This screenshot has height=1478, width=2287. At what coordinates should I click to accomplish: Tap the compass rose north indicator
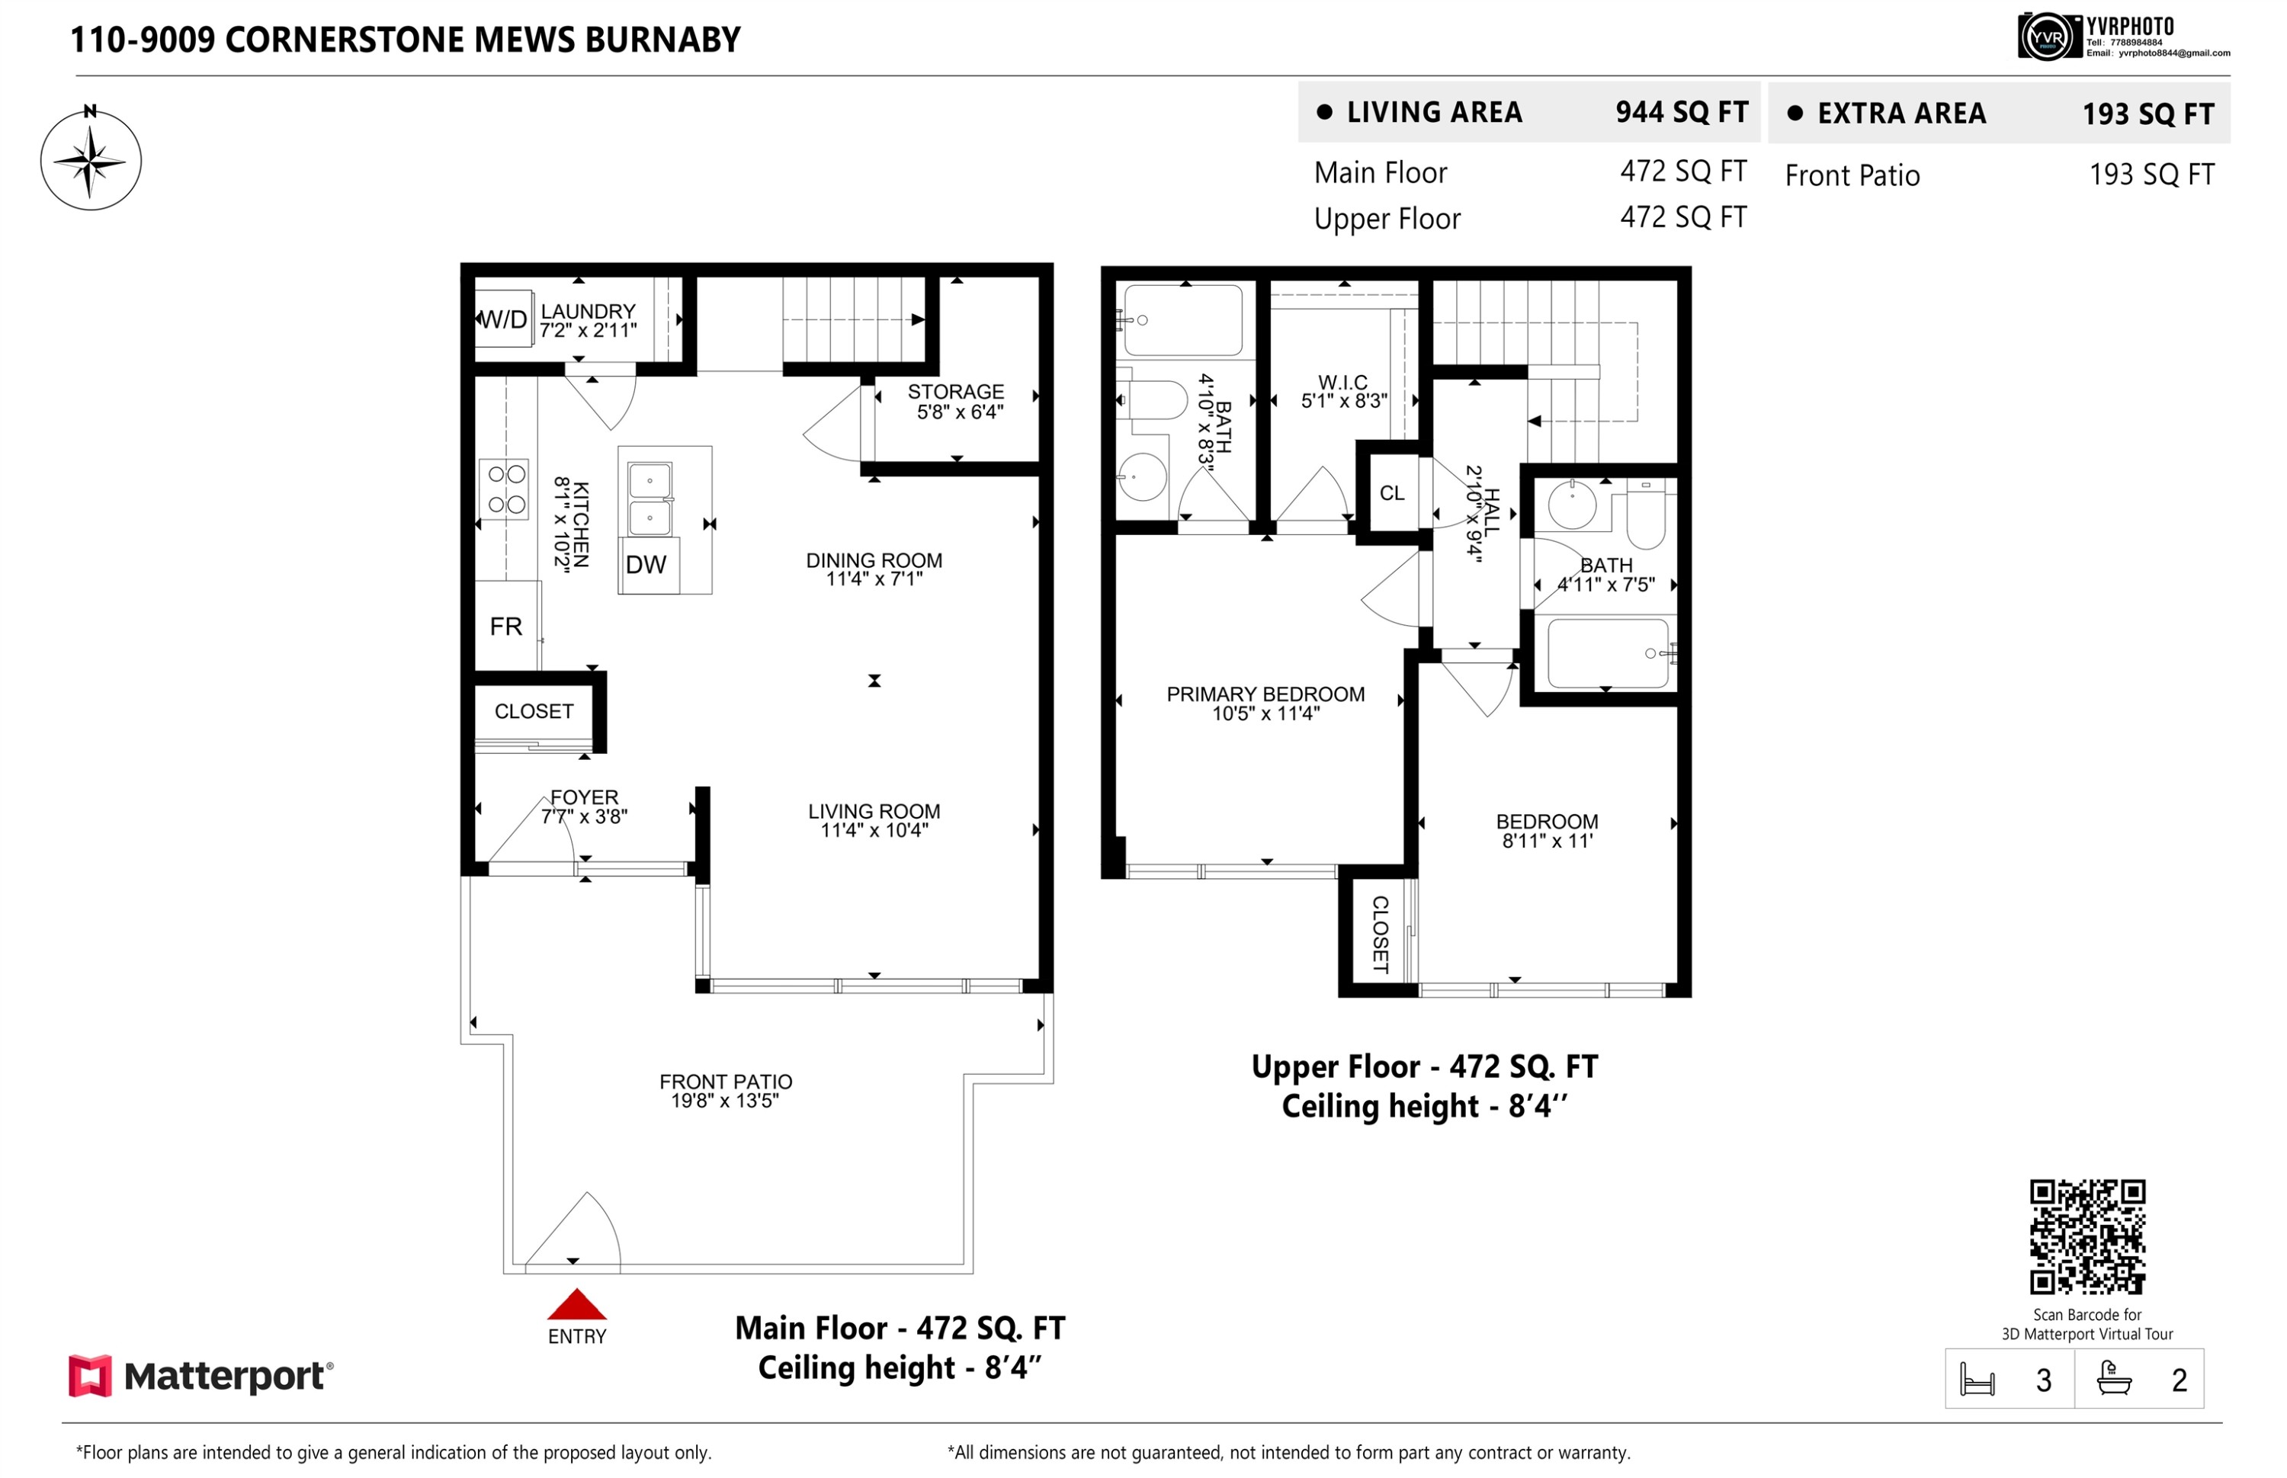90,111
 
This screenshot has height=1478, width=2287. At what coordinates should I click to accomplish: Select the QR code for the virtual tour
2087,1237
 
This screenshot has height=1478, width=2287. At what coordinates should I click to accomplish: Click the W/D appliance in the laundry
504,319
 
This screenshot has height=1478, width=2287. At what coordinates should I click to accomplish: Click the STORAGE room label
956,392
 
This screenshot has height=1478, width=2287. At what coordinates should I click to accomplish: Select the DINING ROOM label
874,560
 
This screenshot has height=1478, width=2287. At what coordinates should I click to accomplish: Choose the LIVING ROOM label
874,812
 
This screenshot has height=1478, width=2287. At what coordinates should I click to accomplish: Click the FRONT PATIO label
726,1082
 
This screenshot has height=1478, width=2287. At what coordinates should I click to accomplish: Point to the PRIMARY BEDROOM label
1265,694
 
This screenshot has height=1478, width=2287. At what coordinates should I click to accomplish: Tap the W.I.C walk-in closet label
1342,382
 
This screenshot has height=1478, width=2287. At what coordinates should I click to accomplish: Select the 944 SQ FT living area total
1682,112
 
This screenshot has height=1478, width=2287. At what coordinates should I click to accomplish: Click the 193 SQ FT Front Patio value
2151,175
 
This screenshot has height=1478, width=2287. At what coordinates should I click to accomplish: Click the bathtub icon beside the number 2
2113,1378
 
